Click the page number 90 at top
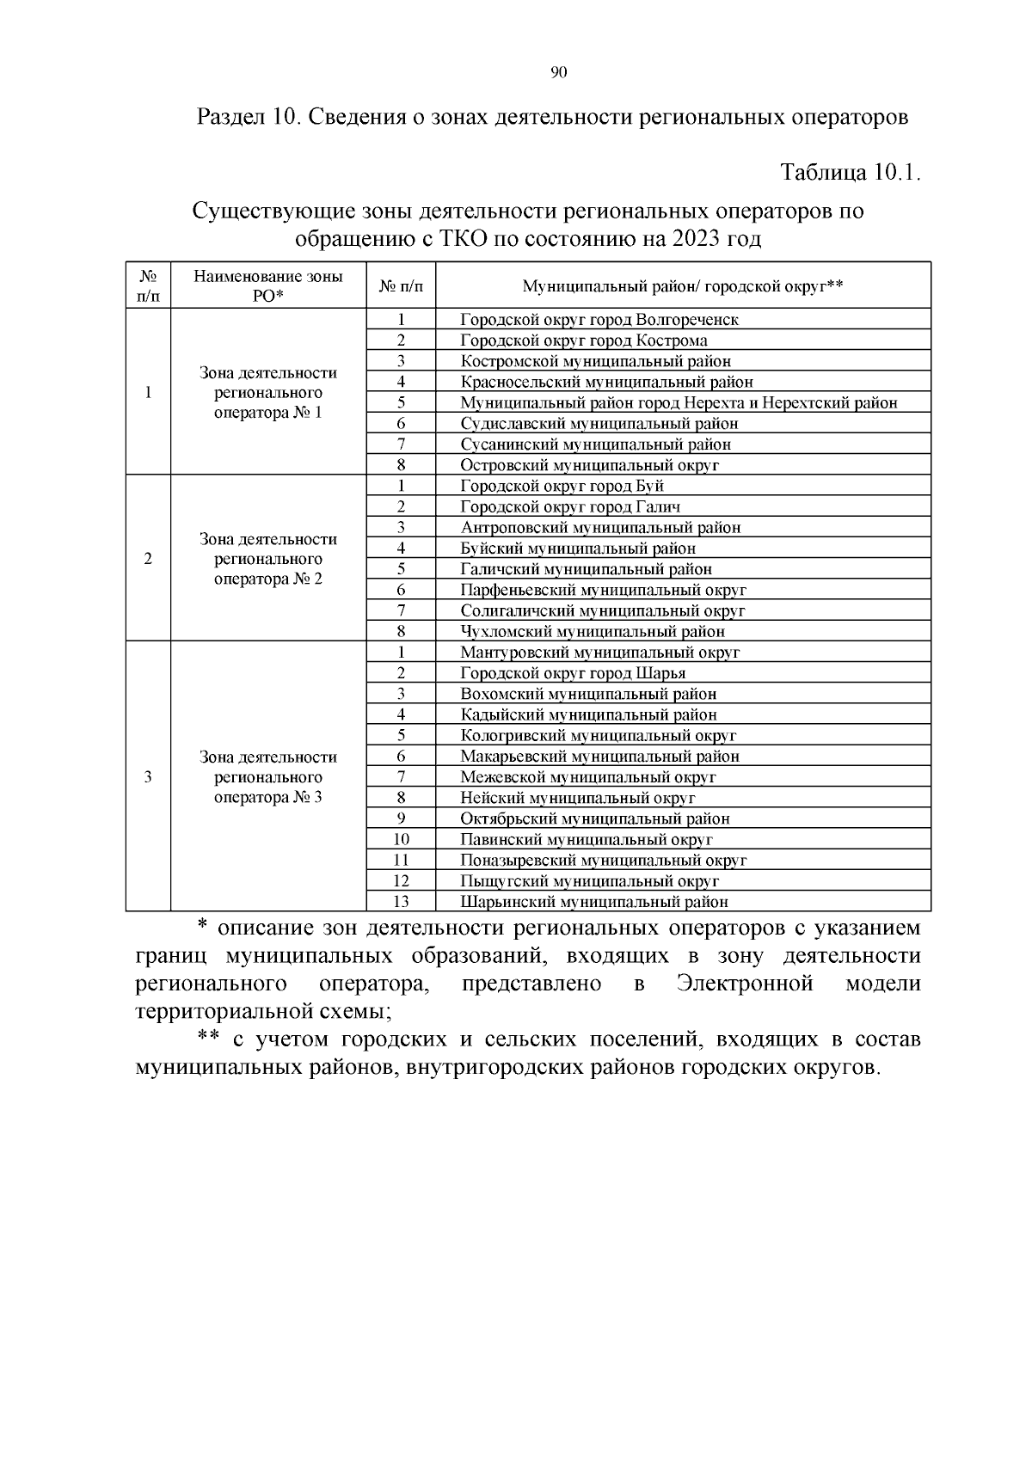pyautogui.click(x=558, y=72)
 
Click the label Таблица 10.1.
pyautogui.click(x=851, y=172)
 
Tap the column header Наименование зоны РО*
pyautogui.click(x=268, y=285)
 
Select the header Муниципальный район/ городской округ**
pyautogui.click(x=682, y=286)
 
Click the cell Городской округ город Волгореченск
pyautogui.click(x=599, y=320)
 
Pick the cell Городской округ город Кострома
pyautogui.click(x=584, y=340)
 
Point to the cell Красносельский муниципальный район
pyautogui.click(x=606, y=382)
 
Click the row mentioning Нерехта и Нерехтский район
pyautogui.click(x=679, y=402)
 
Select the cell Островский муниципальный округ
pyautogui.click(x=589, y=465)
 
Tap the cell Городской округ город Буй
pyautogui.click(x=562, y=486)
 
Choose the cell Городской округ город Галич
pyautogui.click(x=570, y=507)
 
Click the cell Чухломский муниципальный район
pyautogui.click(x=593, y=632)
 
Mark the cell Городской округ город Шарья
pyautogui.click(x=573, y=673)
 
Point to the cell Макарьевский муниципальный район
pyautogui.click(x=599, y=757)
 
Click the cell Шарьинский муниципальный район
pyautogui.click(x=594, y=902)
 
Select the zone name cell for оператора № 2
pyautogui.click(x=268, y=559)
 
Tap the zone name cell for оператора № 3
pyautogui.click(x=268, y=777)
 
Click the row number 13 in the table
pyautogui.click(x=401, y=902)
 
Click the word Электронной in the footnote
pyautogui.click(x=745, y=984)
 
